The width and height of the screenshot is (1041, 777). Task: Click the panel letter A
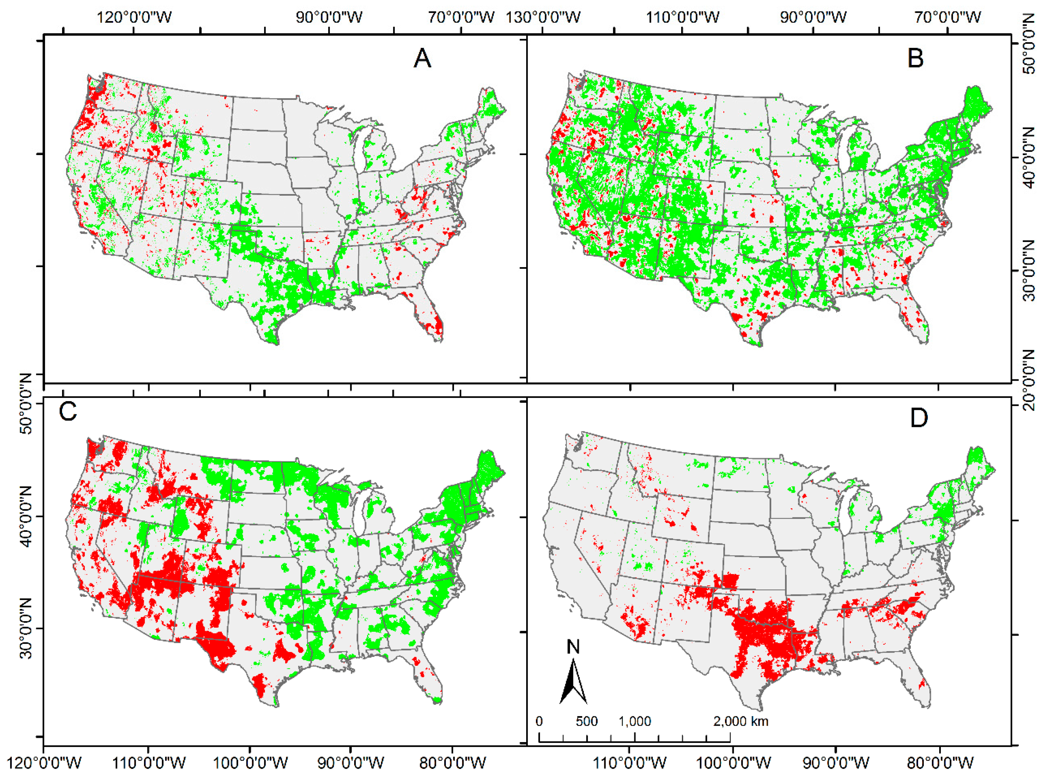click(422, 59)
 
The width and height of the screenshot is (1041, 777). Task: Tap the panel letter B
click(915, 59)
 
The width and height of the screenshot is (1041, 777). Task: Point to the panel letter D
click(918, 418)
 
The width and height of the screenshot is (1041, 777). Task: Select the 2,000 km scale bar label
click(740, 721)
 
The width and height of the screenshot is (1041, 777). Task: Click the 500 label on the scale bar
click(586, 721)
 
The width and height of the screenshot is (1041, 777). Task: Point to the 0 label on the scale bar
click(539, 721)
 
